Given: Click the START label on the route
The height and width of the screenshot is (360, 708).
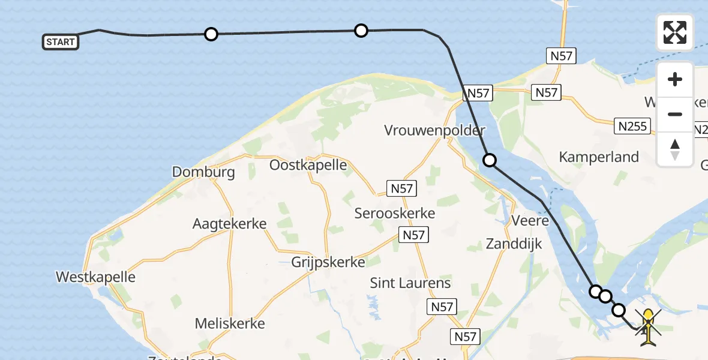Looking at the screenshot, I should pyautogui.click(x=60, y=42).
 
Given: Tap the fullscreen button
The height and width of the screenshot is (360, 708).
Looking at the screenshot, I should pyautogui.click(x=675, y=32).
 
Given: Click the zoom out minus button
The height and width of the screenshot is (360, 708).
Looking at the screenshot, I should pyautogui.click(x=675, y=114).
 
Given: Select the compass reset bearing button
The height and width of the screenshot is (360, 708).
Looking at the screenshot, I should pyautogui.click(x=675, y=149).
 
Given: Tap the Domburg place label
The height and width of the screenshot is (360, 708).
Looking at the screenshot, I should pyautogui.click(x=203, y=172).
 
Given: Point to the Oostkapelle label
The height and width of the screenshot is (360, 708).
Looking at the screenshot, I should pyautogui.click(x=308, y=165).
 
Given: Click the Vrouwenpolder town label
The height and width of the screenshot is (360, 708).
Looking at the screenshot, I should pyautogui.click(x=435, y=131).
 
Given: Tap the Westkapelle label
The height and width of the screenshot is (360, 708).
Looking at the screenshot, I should pyautogui.click(x=95, y=277).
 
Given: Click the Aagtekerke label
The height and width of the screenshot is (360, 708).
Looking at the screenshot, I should pyautogui.click(x=229, y=224).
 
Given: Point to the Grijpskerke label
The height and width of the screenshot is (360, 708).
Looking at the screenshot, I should pyautogui.click(x=328, y=262).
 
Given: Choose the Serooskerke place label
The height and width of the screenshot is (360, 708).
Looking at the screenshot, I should pyautogui.click(x=394, y=213).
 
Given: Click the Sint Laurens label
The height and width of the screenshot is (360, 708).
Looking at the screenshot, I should pyautogui.click(x=410, y=283).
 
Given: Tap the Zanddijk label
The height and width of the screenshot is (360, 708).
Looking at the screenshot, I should pyautogui.click(x=514, y=244).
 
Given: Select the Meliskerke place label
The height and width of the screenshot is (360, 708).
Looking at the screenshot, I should pyautogui.click(x=230, y=323).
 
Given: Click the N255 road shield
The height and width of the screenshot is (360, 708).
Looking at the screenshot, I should pyautogui.click(x=633, y=126).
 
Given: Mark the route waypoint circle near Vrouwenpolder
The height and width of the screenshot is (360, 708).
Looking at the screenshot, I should pyautogui.click(x=490, y=160).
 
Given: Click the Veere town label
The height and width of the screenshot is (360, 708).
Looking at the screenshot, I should pyautogui.click(x=530, y=221).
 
